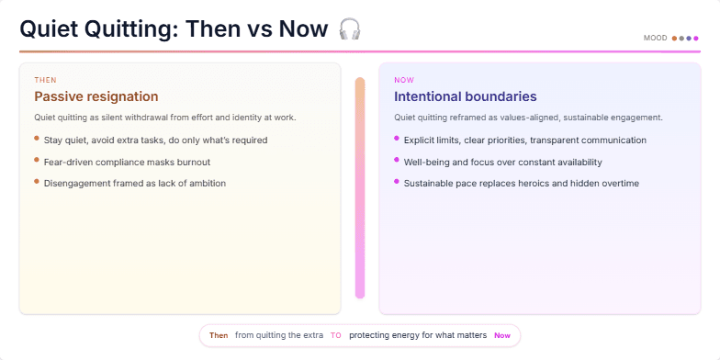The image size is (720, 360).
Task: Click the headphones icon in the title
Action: point(349,29)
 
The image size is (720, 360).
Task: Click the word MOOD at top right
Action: point(656,39)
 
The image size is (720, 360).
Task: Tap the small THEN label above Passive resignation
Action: point(45,80)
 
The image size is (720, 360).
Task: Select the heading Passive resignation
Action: point(96,96)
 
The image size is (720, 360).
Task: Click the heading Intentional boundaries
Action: point(466,96)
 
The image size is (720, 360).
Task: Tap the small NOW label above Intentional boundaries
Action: point(404,80)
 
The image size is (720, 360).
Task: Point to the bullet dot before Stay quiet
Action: point(37,139)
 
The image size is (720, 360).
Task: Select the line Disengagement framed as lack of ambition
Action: point(135,184)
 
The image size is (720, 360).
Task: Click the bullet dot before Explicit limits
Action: point(397,139)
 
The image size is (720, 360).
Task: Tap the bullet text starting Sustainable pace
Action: point(521,184)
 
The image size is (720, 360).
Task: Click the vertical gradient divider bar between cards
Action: point(360,187)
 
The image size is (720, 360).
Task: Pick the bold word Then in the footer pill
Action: point(219,336)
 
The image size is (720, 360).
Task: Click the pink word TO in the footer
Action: point(336,336)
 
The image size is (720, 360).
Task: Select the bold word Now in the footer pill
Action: point(502,336)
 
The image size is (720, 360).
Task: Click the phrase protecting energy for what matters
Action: point(418,336)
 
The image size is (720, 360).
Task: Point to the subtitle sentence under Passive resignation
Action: point(164,118)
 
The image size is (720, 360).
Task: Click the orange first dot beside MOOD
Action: point(675,39)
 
